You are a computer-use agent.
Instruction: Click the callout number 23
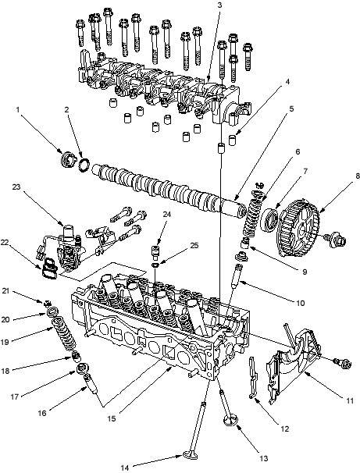pyautogui.click(x=16, y=187)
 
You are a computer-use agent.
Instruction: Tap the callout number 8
pyautogui.click(x=358, y=176)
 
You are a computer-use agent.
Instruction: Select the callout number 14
pyautogui.click(x=125, y=468)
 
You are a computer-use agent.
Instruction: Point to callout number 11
pyautogui.click(x=349, y=401)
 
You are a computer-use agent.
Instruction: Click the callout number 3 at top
pyautogui.click(x=219, y=5)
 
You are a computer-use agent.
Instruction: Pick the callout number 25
pyautogui.click(x=194, y=245)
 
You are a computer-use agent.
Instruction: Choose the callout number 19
pyautogui.click(x=5, y=342)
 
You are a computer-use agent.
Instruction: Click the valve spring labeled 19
pyautogui.click(x=64, y=335)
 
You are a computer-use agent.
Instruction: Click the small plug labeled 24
pyautogui.click(x=155, y=252)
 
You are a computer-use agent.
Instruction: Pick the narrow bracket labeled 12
pyautogui.click(x=253, y=377)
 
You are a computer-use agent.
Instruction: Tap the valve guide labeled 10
pyautogui.click(x=236, y=276)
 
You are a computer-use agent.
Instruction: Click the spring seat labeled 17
pyautogui.click(x=82, y=368)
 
